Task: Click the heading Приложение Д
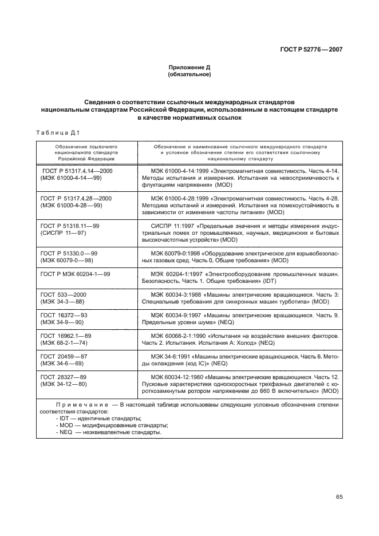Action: click(189, 68)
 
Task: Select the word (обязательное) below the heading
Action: click(189, 74)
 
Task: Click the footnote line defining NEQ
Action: click(109, 432)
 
